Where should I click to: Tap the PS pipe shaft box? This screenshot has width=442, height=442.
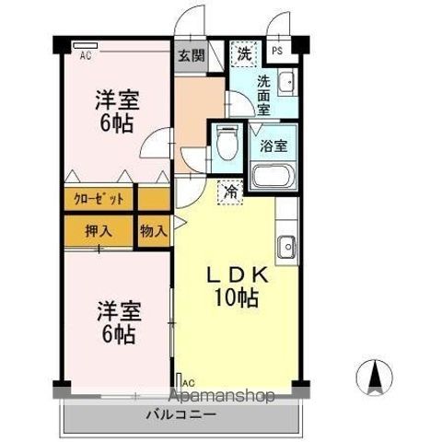pyautogui.click(x=276, y=52)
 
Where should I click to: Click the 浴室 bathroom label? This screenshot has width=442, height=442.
pyautogui.click(x=273, y=145)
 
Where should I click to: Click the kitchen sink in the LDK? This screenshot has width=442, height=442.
pyautogui.click(x=286, y=248)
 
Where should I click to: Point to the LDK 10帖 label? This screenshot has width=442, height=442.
pyautogui.click(x=236, y=285)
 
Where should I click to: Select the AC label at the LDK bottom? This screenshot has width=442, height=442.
pyautogui.click(x=187, y=382)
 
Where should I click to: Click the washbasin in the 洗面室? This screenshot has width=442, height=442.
pyautogui.click(x=285, y=81)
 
